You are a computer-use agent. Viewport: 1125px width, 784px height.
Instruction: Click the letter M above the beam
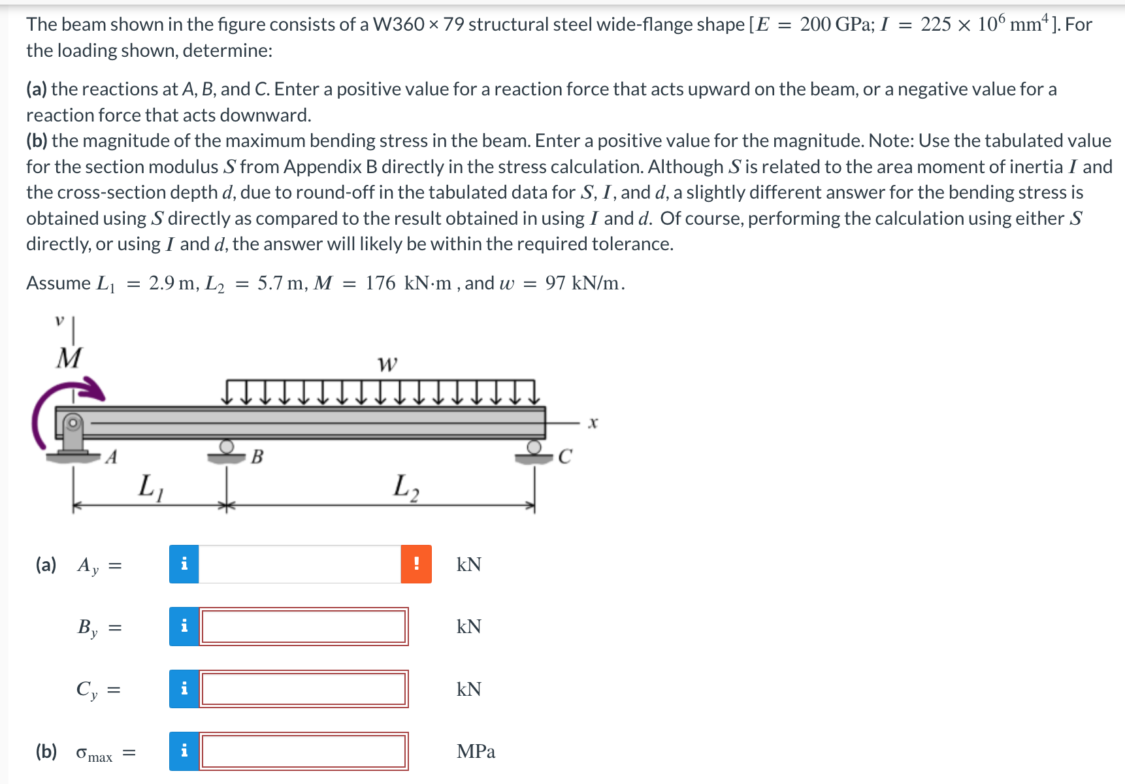pyautogui.click(x=69, y=358)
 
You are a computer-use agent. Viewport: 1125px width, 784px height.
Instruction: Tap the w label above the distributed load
pyautogui.click(x=387, y=363)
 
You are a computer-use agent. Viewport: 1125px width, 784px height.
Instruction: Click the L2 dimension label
pyautogui.click(x=406, y=487)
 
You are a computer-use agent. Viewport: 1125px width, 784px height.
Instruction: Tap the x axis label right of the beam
pyautogui.click(x=593, y=423)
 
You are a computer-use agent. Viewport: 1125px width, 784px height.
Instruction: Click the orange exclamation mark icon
pyautogui.click(x=416, y=564)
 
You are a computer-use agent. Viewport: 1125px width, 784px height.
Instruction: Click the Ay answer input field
pyautogui.click(x=299, y=564)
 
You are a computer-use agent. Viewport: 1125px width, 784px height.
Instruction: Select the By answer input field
pyautogui.click(x=304, y=627)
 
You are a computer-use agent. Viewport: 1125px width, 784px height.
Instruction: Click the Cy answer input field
pyautogui.click(x=304, y=689)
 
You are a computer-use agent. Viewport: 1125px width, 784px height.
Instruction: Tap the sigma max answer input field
pyautogui.click(x=304, y=751)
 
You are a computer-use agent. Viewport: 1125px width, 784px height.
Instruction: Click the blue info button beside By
pyautogui.click(x=184, y=627)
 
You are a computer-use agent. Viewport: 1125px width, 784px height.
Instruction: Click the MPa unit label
pyautogui.click(x=476, y=751)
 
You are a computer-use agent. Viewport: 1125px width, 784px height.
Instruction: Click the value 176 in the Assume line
pyautogui.click(x=380, y=283)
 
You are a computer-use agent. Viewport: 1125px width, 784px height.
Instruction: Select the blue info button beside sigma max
pyautogui.click(x=184, y=751)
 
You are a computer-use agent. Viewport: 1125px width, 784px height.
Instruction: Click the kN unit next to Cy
pyautogui.click(x=468, y=689)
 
